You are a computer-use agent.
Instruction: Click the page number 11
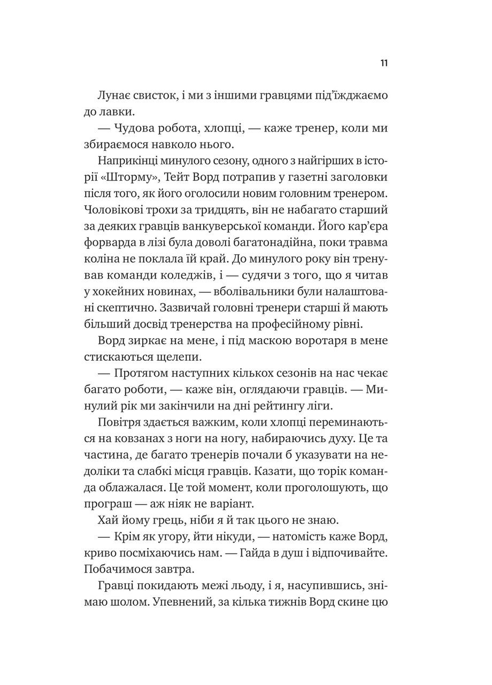tap(384, 63)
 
